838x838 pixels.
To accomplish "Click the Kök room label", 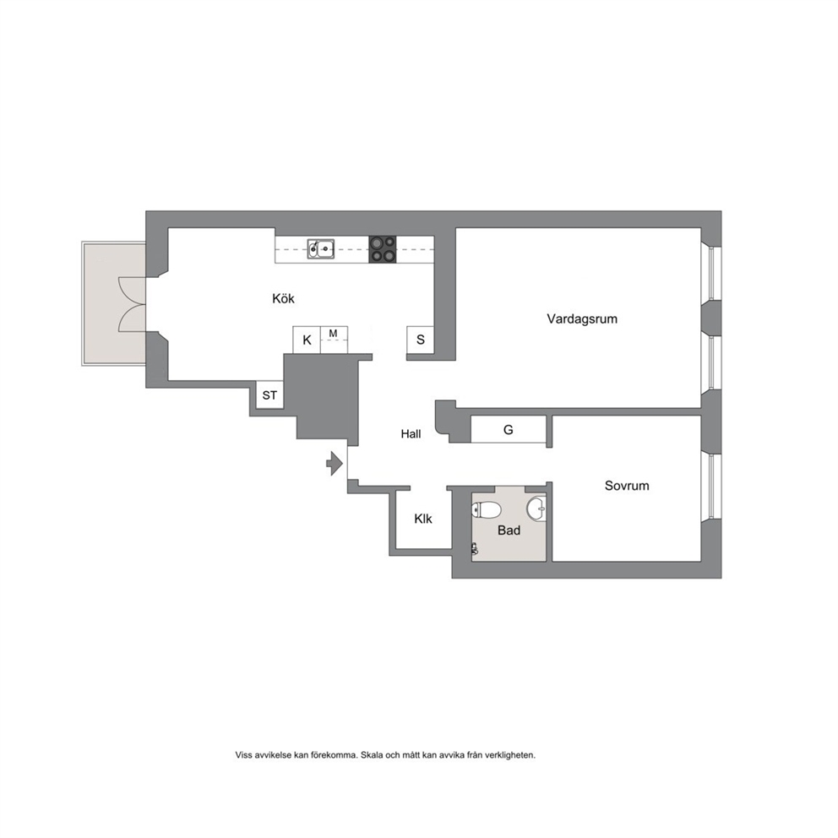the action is pyautogui.click(x=283, y=298).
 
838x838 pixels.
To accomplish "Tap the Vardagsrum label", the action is pyautogui.click(x=582, y=319).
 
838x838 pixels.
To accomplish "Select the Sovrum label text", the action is pyautogui.click(x=627, y=486).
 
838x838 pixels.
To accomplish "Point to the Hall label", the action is pyautogui.click(x=411, y=434).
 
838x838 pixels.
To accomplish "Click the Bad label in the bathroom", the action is pyautogui.click(x=509, y=531).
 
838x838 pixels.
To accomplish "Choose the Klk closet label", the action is pyautogui.click(x=423, y=519).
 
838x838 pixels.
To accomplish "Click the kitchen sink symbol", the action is pyautogui.click(x=321, y=249).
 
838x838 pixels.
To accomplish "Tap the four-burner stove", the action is pyautogui.click(x=383, y=249).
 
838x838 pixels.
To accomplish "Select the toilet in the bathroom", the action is pyautogui.click(x=486, y=510).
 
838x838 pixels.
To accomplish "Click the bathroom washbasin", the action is pyautogui.click(x=536, y=509).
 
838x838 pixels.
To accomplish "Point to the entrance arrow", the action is pyautogui.click(x=335, y=464).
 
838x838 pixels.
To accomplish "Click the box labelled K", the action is pyautogui.click(x=307, y=340).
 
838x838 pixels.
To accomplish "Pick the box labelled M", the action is pyautogui.click(x=334, y=340).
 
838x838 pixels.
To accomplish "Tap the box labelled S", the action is pyautogui.click(x=421, y=340).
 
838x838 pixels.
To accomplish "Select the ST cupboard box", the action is pyautogui.click(x=269, y=395).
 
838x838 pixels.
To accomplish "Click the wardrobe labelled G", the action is pyautogui.click(x=509, y=430).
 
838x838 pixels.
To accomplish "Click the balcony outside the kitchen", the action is pyautogui.click(x=114, y=303).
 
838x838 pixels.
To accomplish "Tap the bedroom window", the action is pyautogui.click(x=711, y=486).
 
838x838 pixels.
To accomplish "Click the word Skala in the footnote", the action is pyautogui.click(x=372, y=755).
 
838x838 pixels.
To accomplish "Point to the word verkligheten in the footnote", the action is pyautogui.click(x=510, y=755).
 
